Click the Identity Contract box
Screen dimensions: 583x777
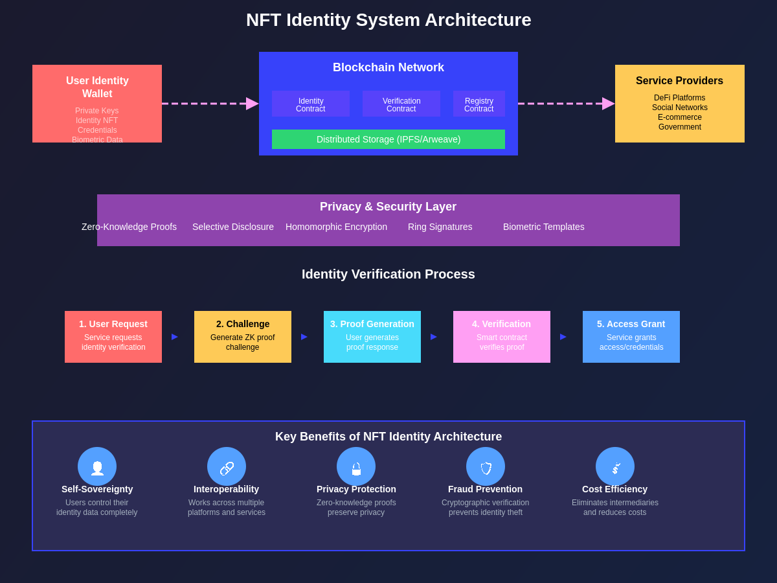pyautogui.click(x=311, y=104)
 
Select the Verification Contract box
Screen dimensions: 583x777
pyautogui.click(x=401, y=104)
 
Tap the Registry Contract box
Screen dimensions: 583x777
pyautogui.click(x=479, y=104)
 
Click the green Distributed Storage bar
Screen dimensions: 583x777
pyautogui.click(x=388, y=139)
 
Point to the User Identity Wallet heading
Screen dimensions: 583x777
pyautogui.click(x=97, y=87)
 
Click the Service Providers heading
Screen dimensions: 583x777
pyautogui.click(x=679, y=81)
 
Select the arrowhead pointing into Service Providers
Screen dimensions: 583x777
pyautogui.click(x=608, y=104)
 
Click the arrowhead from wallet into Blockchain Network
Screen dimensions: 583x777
pyautogui.click(x=252, y=104)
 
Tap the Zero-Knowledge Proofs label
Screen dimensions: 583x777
pyautogui.click(x=129, y=227)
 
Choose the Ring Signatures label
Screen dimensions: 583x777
pyautogui.click(x=440, y=227)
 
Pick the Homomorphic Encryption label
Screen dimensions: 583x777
pyautogui.click(x=336, y=227)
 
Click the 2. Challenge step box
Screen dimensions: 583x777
pyautogui.click(x=243, y=337)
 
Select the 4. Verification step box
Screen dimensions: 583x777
pyautogui.click(x=502, y=337)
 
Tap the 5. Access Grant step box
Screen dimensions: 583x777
pyautogui.click(x=631, y=337)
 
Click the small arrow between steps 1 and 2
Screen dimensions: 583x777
pyautogui.click(x=175, y=337)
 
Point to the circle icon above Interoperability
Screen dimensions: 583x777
pyautogui.click(x=227, y=466)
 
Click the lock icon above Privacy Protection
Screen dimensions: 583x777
pyautogui.click(x=356, y=468)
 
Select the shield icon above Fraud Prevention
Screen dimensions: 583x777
pyautogui.click(x=486, y=468)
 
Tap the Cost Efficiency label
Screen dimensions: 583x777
pyautogui.click(x=614, y=489)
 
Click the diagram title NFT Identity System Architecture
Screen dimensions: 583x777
pyautogui.click(x=388, y=20)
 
